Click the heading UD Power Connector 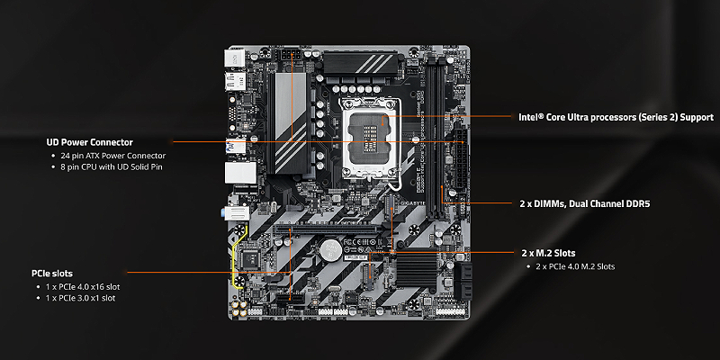(x=89, y=142)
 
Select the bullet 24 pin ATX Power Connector (x=113, y=156)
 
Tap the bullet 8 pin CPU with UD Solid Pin (x=111, y=167)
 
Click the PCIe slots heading (x=52, y=274)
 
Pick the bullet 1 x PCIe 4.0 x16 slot (x=83, y=287)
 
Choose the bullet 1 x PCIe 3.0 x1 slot (x=80, y=299)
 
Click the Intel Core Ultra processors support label (x=616, y=118)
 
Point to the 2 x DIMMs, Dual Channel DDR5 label (x=585, y=204)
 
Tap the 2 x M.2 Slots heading (x=548, y=253)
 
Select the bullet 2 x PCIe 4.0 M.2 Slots (x=575, y=266)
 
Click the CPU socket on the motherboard (x=370, y=138)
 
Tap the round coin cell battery (x=330, y=250)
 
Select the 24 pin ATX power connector (x=461, y=160)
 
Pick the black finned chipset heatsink (x=417, y=268)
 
